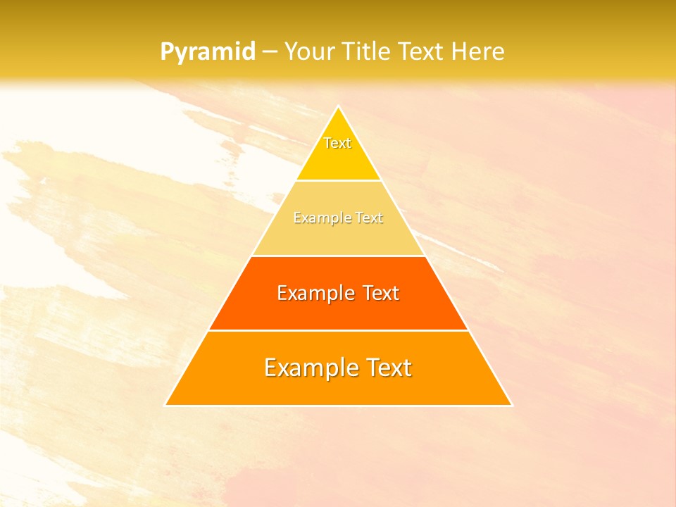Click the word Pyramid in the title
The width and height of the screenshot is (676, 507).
pyautogui.click(x=207, y=52)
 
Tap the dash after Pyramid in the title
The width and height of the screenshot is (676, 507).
pyautogui.click(x=269, y=52)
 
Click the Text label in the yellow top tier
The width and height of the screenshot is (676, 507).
pyautogui.click(x=337, y=143)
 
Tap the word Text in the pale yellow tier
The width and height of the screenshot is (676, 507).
pyautogui.click(x=370, y=218)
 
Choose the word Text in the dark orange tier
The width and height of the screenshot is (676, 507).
pyautogui.click(x=381, y=293)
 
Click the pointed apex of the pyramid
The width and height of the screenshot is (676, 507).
pyautogui.click(x=338, y=108)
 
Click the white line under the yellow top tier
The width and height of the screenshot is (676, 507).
pyautogui.click(x=338, y=181)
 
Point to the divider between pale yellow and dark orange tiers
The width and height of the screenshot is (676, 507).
pyautogui.click(x=338, y=256)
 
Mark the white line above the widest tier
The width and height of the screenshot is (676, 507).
pyautogui.click(x=338, y=330)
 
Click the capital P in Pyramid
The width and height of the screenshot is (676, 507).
pyautogui.click(x=166, y=52)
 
